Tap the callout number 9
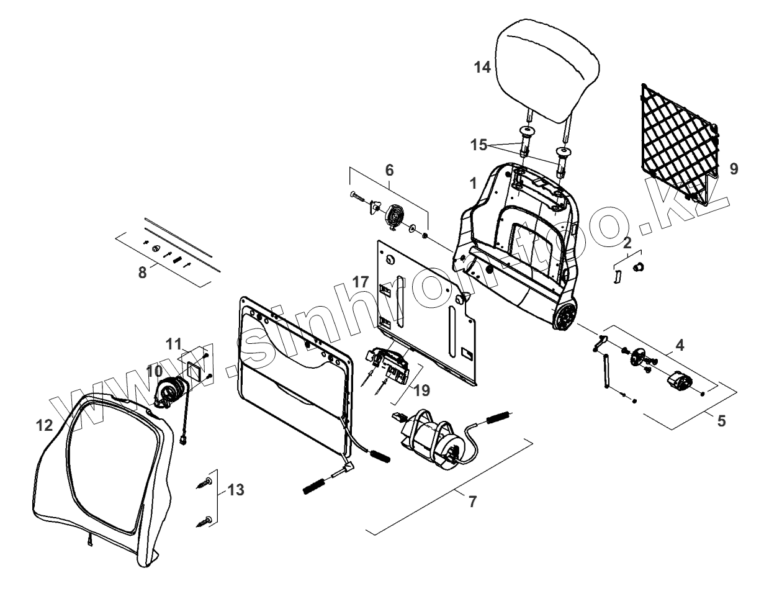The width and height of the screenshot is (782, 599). click(x=734, y=169)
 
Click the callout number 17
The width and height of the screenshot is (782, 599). click(x=361, y=282)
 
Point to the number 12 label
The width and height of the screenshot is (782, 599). click(x=45, y=426)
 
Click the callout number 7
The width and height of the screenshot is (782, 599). click(x=472, y=502)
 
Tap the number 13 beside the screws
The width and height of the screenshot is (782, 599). click(x=236, y=490)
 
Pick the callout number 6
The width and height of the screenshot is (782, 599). click(x=389, y=169)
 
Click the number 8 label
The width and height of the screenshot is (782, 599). click(x=143, y=272)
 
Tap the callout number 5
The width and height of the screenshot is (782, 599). click(x=721, y=421)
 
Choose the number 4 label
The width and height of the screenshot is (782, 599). click(x=680, y=346)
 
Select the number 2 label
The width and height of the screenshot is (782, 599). click(x=627, y=242)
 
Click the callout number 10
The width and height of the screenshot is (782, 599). click(x=154, y=371)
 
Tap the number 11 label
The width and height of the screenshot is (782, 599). click(x=174, y=343)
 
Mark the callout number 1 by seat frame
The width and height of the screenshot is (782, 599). click(x=473, y=184)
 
